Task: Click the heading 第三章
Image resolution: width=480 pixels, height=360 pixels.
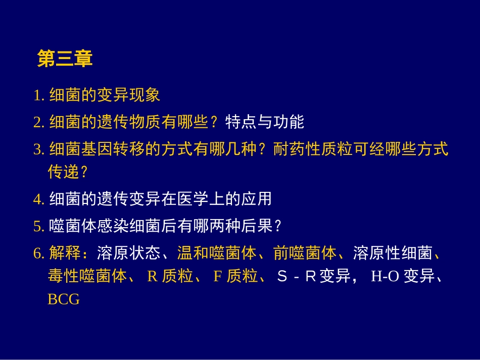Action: [65, 59]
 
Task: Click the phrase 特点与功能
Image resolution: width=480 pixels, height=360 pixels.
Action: [264, 122]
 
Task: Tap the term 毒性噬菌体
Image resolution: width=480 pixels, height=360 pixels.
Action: [87, 277]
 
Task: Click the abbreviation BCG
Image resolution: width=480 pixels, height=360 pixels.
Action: [64, 299]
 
